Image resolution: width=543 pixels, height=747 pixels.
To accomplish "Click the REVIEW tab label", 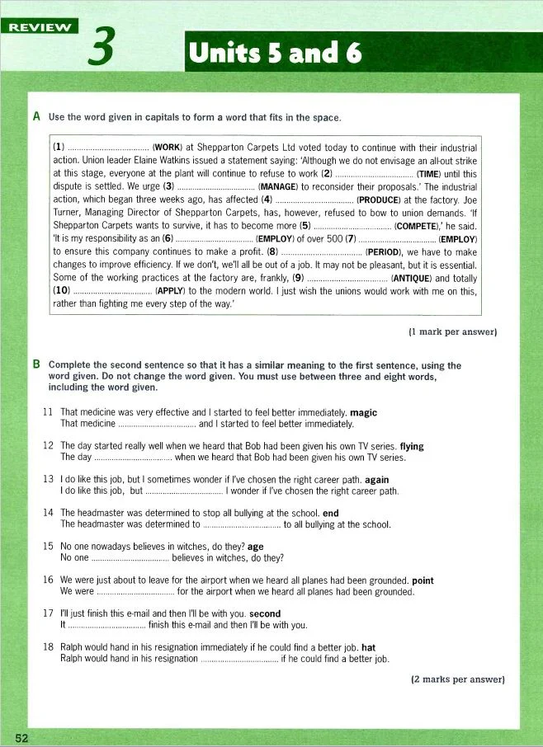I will [x=39, y=26].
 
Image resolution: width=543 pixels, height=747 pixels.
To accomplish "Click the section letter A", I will [x=36, y=117].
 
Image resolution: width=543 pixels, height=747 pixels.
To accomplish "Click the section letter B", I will [x=36, y=364].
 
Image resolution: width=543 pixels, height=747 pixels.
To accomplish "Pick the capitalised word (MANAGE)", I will [x=278, y=187].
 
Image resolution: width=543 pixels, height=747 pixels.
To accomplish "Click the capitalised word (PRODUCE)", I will [x=379, y=200].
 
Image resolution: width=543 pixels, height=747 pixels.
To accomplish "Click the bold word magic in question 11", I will [x=364, y=412].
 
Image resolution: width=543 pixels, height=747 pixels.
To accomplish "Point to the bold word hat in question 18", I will [x=368, y=647].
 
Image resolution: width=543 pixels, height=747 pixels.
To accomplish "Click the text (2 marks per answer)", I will [x=457, y=679].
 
